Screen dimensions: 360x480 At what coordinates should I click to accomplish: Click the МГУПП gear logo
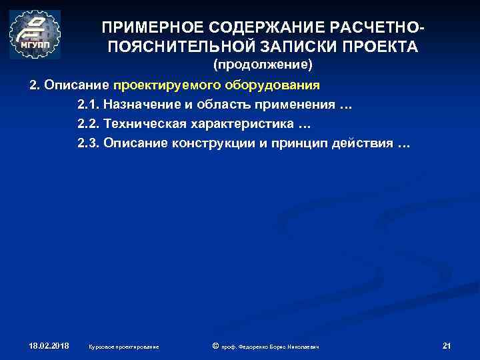click(35, 35)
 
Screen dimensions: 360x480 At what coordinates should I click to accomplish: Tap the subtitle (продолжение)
click(262, 65)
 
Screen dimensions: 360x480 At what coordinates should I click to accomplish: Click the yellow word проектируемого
click(160, 86)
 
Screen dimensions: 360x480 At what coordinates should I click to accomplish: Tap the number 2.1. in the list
click(88, 105)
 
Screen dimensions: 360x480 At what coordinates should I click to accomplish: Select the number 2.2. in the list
click(88, 125)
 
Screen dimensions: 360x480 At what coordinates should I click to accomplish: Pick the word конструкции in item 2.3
click(216, 144)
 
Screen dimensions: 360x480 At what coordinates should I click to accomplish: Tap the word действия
click(361, 144)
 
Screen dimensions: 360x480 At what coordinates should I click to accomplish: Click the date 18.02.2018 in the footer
click(49, 346)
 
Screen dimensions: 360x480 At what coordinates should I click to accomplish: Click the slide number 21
click(447, 346)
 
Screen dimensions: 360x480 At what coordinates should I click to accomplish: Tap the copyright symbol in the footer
click(215, 346)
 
